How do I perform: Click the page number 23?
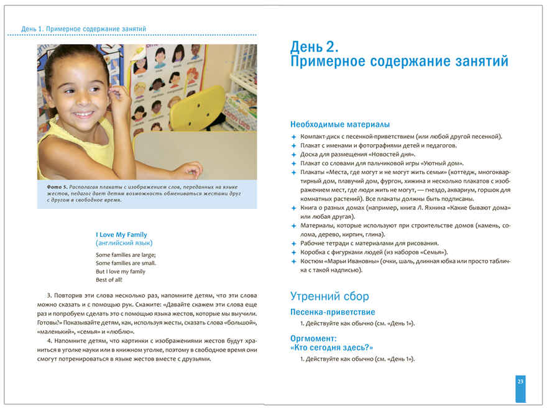pos(520,381)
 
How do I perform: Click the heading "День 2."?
pos(315,47)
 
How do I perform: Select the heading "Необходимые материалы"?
pos(340,124)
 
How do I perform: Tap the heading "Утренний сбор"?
pos(329,296)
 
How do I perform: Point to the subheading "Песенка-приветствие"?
pos(333,312)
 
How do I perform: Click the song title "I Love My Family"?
pos(121,234)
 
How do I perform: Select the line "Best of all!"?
pos(109,280)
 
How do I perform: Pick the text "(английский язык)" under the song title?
pos(124,243)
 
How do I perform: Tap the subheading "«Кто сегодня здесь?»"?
pos(331,348)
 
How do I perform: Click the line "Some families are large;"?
pos(126,255)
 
